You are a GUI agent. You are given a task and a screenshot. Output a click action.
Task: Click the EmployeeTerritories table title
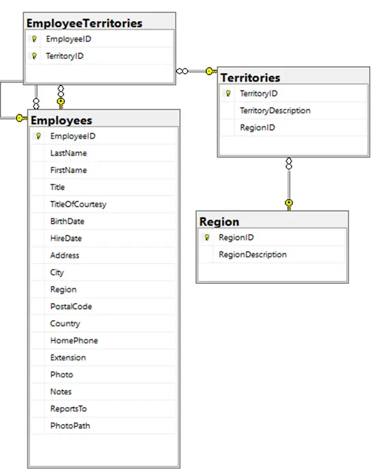(x=84, y=23)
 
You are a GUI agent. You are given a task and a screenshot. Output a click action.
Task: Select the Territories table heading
(x=250, y=78)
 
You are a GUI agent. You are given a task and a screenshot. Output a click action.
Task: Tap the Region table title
(x=219, y=222)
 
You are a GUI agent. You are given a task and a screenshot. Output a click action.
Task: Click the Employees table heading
(x=61, y=120)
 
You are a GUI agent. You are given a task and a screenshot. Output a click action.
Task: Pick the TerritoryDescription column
(x=275, y=111)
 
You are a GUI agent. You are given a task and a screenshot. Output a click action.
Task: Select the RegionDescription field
(x=253, y=254)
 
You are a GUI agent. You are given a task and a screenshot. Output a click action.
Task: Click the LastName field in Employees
(x=68, y=153)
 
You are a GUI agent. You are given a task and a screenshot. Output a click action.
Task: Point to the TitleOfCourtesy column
(x=78, y=205)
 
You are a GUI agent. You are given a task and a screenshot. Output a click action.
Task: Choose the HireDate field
(x=66, y=239)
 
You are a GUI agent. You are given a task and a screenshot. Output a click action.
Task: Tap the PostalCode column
(x=71, y=306)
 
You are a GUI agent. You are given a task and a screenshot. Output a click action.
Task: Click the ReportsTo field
(x=68, y=409)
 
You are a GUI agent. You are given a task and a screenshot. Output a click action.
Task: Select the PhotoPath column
(x=70, y=425)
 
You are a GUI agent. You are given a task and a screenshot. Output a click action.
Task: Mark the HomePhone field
(x=74, y=341)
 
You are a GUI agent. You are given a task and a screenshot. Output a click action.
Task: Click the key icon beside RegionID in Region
(x=207, y=237)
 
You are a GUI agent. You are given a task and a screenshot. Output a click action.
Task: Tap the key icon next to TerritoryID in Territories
(x=228, y=94)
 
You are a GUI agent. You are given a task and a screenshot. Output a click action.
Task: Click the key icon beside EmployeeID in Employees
(x=38, y=136)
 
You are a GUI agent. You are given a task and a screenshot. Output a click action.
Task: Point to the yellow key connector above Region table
(x=289, y=205)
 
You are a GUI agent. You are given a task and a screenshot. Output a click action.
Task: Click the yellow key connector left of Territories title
(x=211, y=71)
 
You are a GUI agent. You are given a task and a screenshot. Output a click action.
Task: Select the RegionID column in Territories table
(x=257, y=128)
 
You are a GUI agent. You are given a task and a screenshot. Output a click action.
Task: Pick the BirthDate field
(x=67, y=221)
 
